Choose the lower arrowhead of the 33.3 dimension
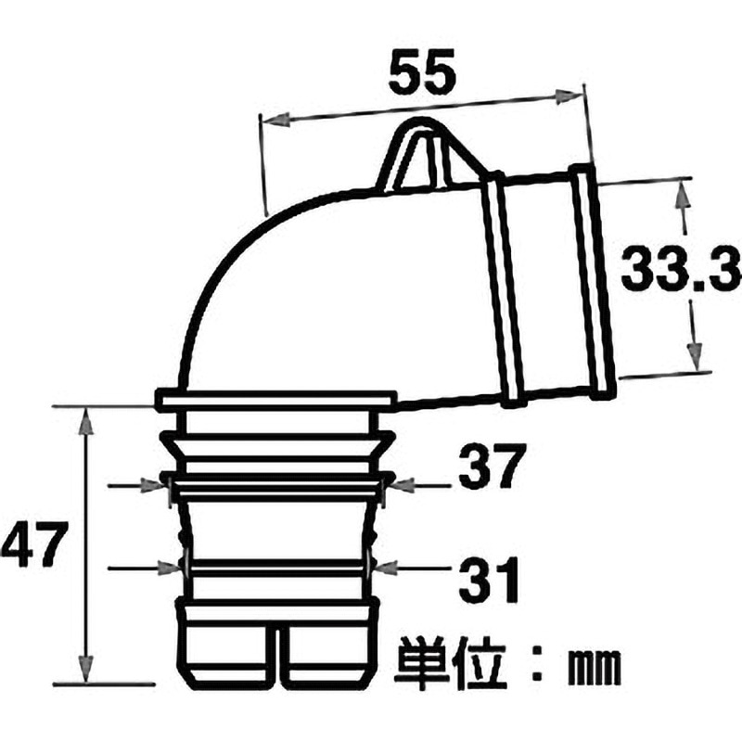(x=692, y=358)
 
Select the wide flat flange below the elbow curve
(x=275, y=401)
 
